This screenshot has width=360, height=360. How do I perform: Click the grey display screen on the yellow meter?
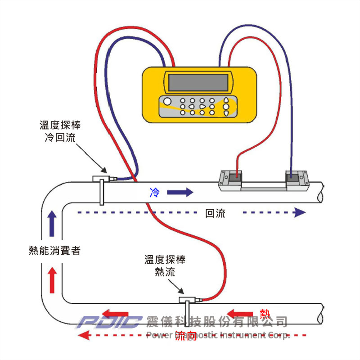click(198, 82)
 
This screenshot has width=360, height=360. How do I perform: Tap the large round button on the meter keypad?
click(167, 101)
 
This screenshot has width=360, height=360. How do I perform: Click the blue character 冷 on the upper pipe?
click(154, 193)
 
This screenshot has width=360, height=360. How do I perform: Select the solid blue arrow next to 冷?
click(180, 193)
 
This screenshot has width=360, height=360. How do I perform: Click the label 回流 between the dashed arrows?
click(215, 214)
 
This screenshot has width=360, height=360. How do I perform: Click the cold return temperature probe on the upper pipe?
click(101, 180)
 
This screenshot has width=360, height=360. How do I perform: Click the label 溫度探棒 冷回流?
click(60, 131)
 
